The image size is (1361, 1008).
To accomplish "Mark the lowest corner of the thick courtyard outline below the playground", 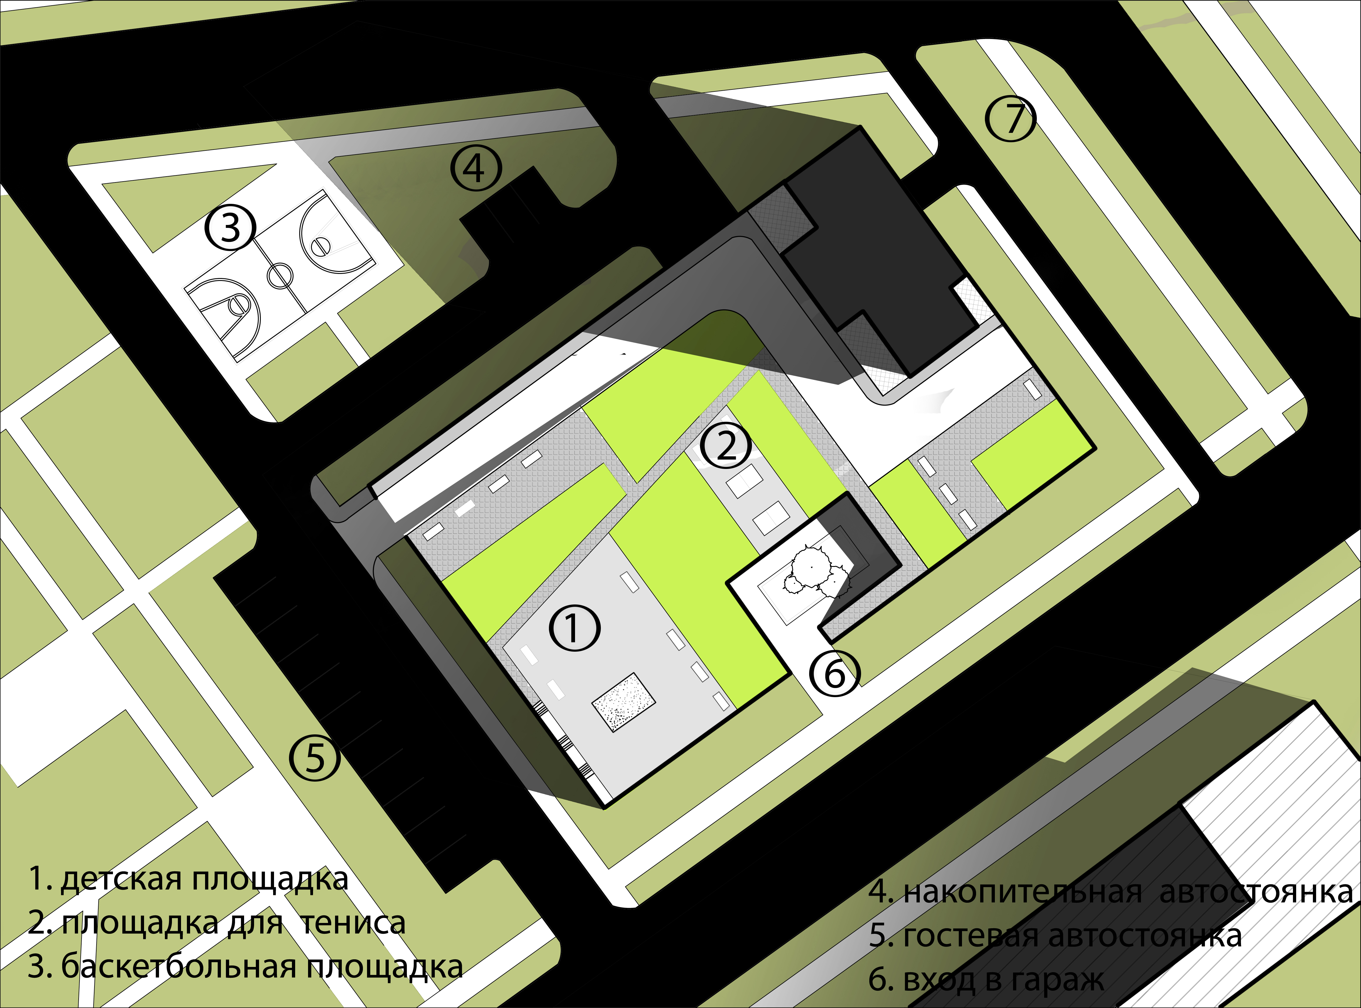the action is (604, 809).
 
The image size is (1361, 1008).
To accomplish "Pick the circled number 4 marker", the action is (476, 168).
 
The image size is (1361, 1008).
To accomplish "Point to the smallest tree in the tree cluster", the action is (793, 585).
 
